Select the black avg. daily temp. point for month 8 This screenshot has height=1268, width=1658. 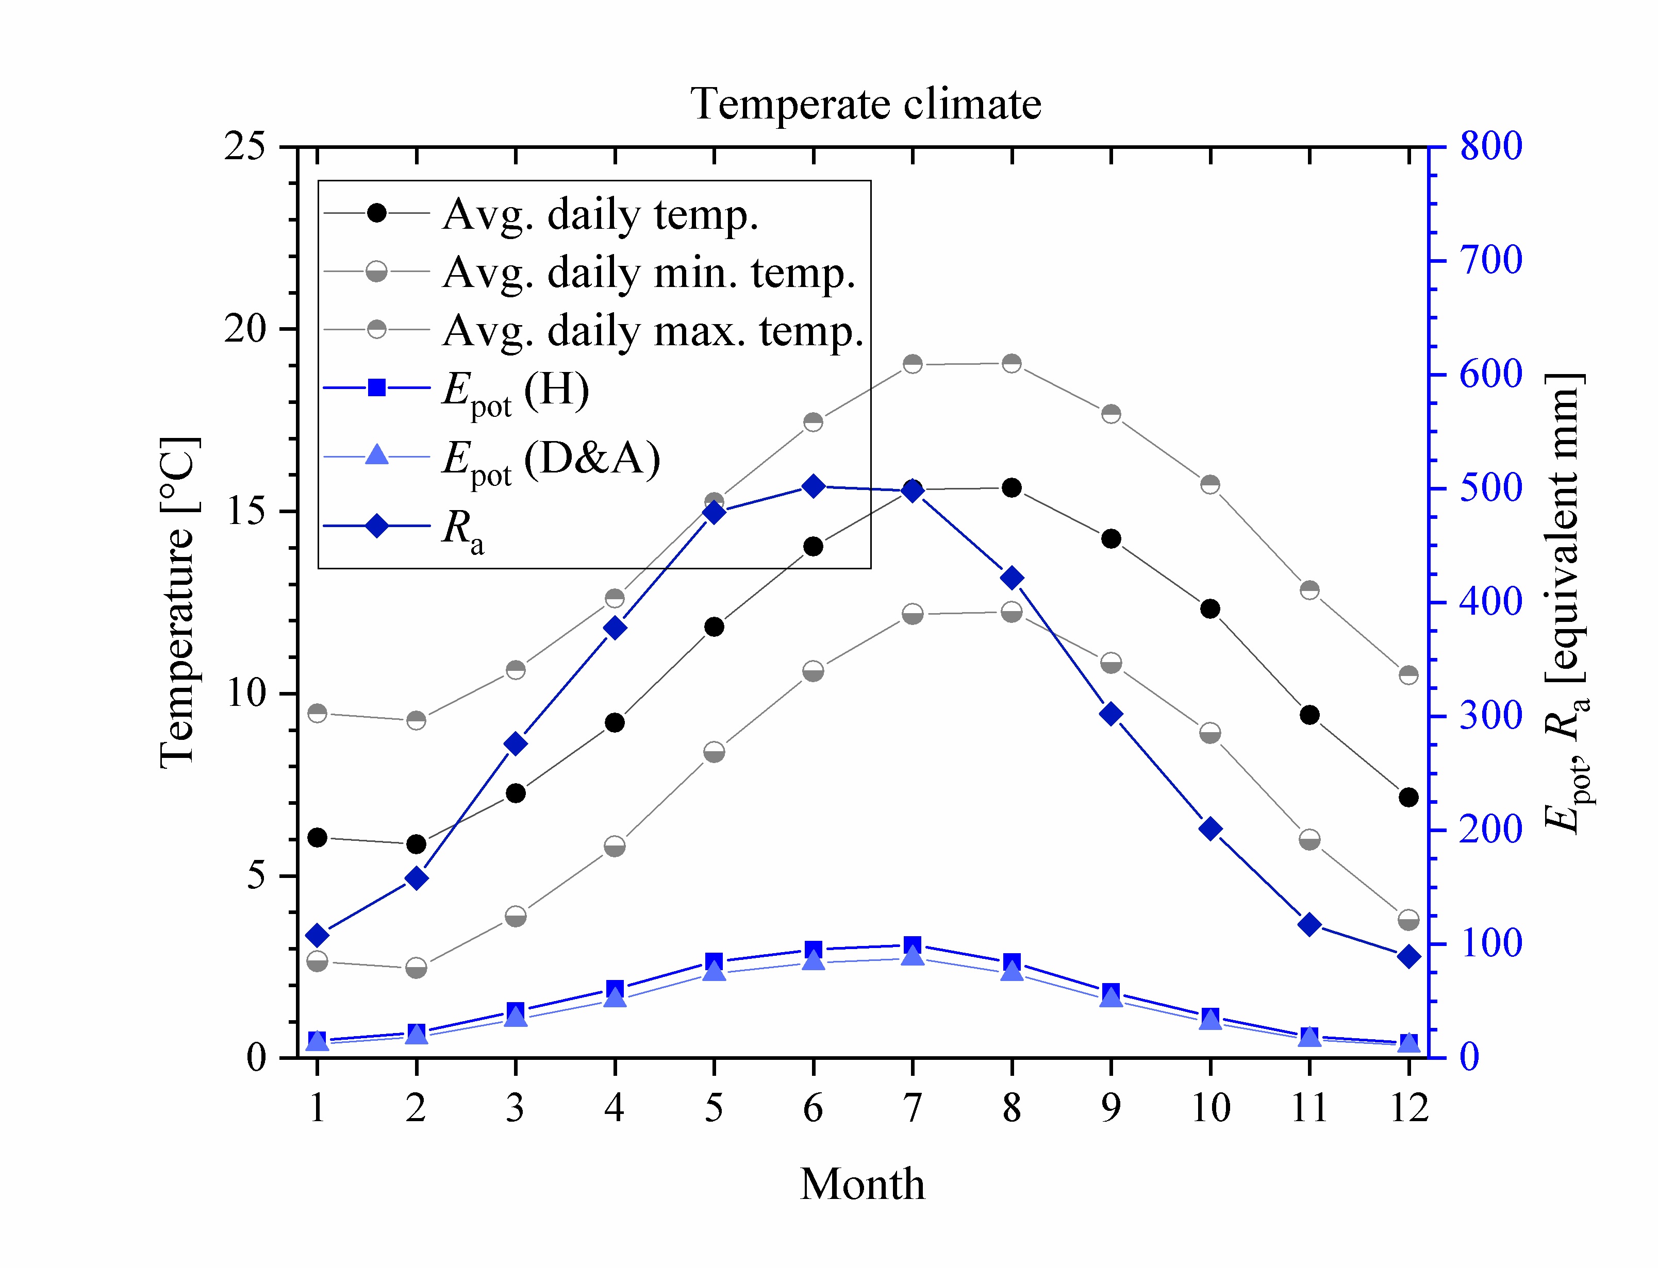click(x=1012, y=487)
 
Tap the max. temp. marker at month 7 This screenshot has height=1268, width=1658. click(x=913, y=364)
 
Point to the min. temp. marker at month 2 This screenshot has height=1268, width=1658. click(x=416, y=967)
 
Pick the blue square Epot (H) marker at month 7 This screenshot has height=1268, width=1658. click(x=913, y=944)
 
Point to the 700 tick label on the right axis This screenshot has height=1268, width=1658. click(x=1490, y=260)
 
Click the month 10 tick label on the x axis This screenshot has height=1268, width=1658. click(x=1211, y=1108)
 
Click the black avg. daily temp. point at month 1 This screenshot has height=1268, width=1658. click(x=317, y=837)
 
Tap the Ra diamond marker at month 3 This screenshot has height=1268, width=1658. click(x=516, y=743)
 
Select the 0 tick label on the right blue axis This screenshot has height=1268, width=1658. click(x=1469, y=1057)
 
